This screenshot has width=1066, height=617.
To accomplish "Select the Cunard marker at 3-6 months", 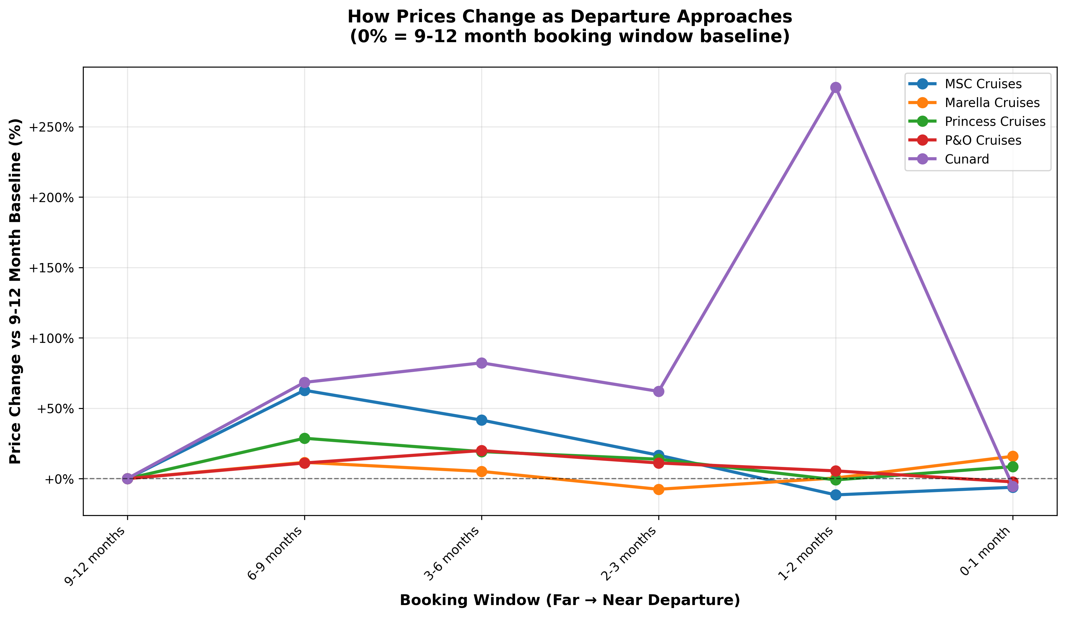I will coord(481,363).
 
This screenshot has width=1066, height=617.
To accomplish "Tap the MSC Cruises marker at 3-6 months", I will coord(481,420).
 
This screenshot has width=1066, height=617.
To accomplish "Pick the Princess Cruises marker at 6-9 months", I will coord(304,438).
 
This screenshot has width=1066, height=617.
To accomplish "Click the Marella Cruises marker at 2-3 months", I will coord(659,489).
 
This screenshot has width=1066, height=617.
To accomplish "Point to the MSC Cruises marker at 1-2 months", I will coord(835,495).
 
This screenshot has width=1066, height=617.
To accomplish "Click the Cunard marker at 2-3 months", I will coord(659,391).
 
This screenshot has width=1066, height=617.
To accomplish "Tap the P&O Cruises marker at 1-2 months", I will coord(835,471).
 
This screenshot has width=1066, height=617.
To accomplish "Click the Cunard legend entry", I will coord(967,159).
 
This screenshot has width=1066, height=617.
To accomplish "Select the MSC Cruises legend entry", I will coord(983,84).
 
